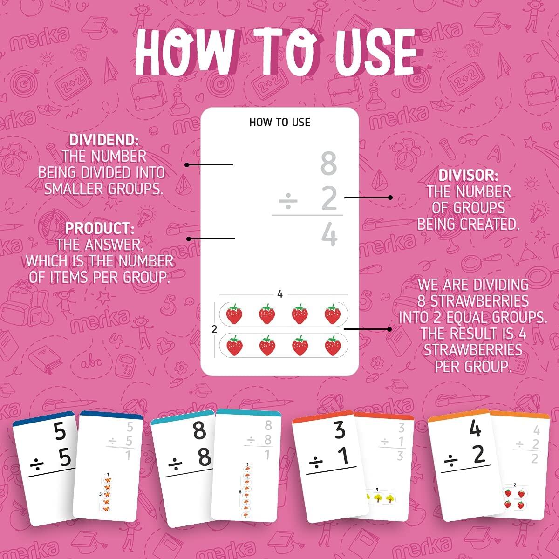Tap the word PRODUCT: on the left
pos(100,228)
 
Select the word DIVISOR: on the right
pos(468,176)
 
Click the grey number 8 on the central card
pos(328,164)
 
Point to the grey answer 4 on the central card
pos(329,235)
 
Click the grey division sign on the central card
pos(288,201)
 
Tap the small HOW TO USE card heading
pos(279,123)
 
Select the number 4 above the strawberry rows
pos(280,294)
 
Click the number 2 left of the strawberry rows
pos(214,330)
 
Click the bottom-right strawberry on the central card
pos(333,346)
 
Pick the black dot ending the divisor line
pos(390,198)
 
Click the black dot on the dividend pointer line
pos(186,164)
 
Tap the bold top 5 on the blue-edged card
pos(60,432)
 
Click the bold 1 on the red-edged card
pos(342,457)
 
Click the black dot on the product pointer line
pos(189,239)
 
